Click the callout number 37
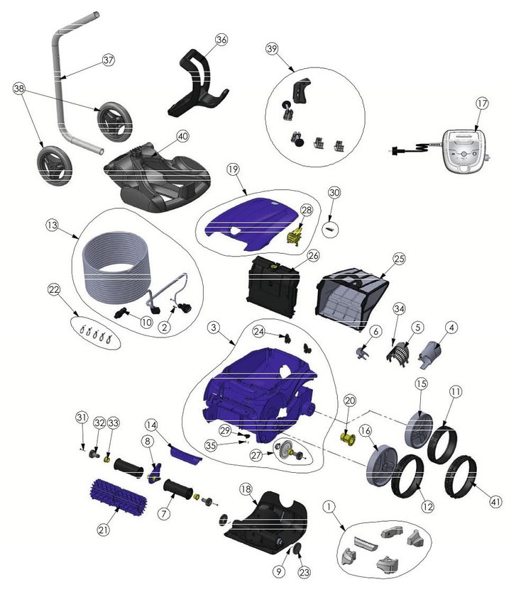109,60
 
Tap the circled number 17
482,104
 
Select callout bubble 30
334,193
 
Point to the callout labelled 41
495,501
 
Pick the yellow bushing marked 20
349,439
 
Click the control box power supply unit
466,150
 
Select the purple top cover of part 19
252,223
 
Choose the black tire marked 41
461,476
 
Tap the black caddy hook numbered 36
198,83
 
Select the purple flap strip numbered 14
185,454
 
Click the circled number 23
305,572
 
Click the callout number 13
52,225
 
